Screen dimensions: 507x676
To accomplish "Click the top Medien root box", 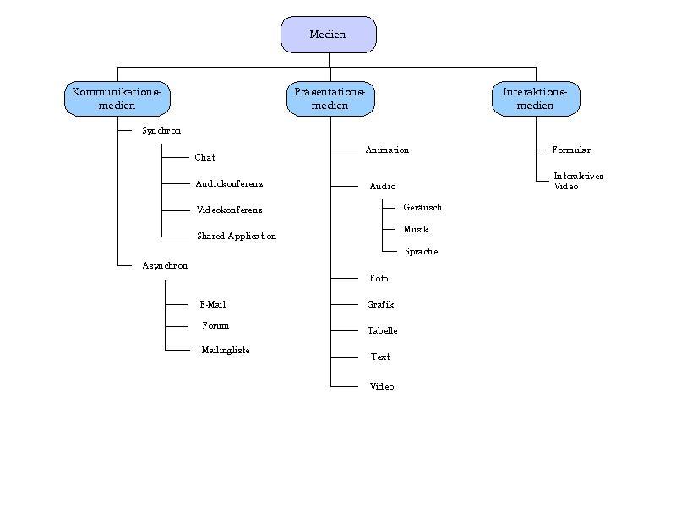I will click(328, 35).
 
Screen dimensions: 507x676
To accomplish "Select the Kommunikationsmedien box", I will click(117, 99).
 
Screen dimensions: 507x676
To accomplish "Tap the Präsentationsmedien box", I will click(330, 99).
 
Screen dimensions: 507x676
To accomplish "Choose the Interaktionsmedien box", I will click(536, 99).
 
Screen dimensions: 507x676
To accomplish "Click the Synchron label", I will click(161, 131).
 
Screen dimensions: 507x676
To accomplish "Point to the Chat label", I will click(204, 158).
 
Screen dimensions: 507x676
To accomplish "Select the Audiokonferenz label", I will click(229, 184).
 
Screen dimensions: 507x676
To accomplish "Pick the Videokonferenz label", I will click(229, 210).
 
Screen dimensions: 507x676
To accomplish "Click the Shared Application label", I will click(237, 237).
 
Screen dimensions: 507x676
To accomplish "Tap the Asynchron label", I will click(165, 266).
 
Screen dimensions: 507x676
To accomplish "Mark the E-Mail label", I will click(213, 305).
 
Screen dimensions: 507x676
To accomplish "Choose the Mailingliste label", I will click(226, 351).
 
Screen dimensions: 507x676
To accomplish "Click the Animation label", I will click(387, 150).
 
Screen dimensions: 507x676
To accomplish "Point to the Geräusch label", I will click(422, 208).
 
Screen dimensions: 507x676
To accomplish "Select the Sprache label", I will click(421, 252).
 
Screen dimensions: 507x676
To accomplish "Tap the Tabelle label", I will click(382, 331).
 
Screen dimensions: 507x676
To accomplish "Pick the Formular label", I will click(571, 150).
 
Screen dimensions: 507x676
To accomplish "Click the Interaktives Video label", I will click(579, 182).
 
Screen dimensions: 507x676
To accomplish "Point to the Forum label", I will click(215, 326).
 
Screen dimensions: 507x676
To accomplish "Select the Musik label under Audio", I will click(416, 230).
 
